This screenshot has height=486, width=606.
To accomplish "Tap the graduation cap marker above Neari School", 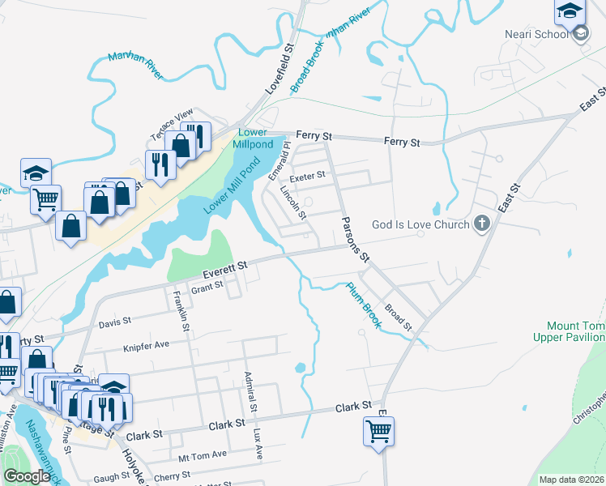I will (570, 11).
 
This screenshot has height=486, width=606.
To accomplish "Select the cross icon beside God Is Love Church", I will (482, 224).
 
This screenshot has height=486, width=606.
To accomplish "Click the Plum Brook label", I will (364, 304).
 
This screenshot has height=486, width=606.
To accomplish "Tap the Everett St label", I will (224, 266).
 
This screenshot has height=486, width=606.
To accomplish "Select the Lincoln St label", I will (292, 202).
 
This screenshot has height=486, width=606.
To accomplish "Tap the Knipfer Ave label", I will (146, 345).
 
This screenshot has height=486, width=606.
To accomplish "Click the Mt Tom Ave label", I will (203, 455).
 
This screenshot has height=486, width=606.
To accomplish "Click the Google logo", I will (27, 476).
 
